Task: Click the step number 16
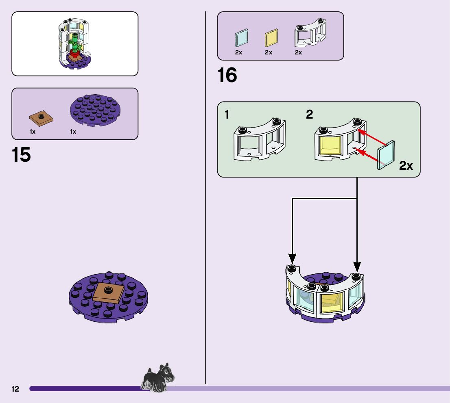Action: click(x=227, y=76)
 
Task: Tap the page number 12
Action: click(x=15, y=389)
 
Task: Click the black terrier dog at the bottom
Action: click(x=158, y=379)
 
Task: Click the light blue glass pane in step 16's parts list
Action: click(x=241, y=38)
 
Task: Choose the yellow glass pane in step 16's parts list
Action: click(x=271, y=38)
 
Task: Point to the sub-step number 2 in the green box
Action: click(x=310, y=115)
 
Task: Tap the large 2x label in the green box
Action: click(x=406, y=166)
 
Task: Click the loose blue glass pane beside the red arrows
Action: click(x=386, y=155)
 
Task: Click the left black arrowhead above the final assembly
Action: click(x=292, y=258)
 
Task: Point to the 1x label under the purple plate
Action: click(x=73, y=132)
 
